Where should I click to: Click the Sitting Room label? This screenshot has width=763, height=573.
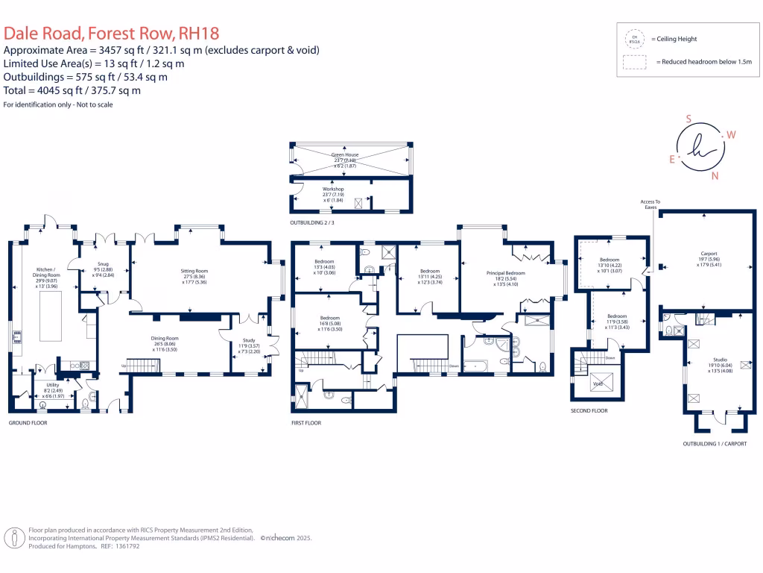coord(194,271)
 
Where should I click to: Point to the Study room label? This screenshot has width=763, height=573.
coord(247,341)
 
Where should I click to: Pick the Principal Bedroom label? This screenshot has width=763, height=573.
coord(507,274)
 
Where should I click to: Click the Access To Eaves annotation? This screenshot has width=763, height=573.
coord(650,204)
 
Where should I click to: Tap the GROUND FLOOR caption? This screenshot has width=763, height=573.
coord(28,422)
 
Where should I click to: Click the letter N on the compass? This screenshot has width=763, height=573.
coord(715,176)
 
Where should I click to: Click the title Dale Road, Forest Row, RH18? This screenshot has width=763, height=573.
coord(112,33)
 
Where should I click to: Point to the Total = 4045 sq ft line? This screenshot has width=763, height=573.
coord(72,90)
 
